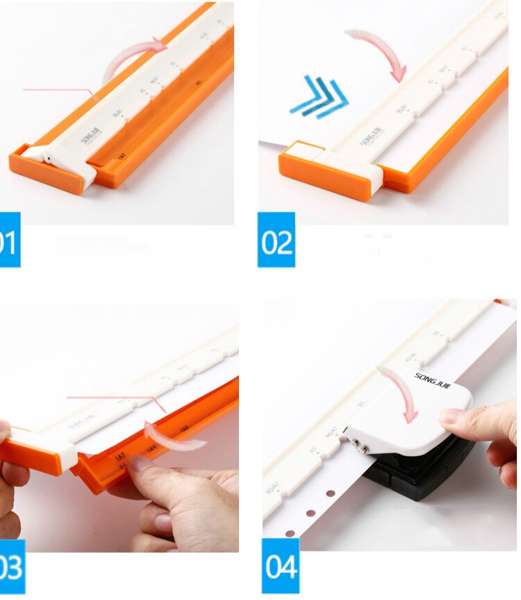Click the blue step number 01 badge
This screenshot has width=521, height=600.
tap(8, 240)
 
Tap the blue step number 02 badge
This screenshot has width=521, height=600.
tap(276, 240)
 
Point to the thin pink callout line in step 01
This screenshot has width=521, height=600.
tap(59, 90)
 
